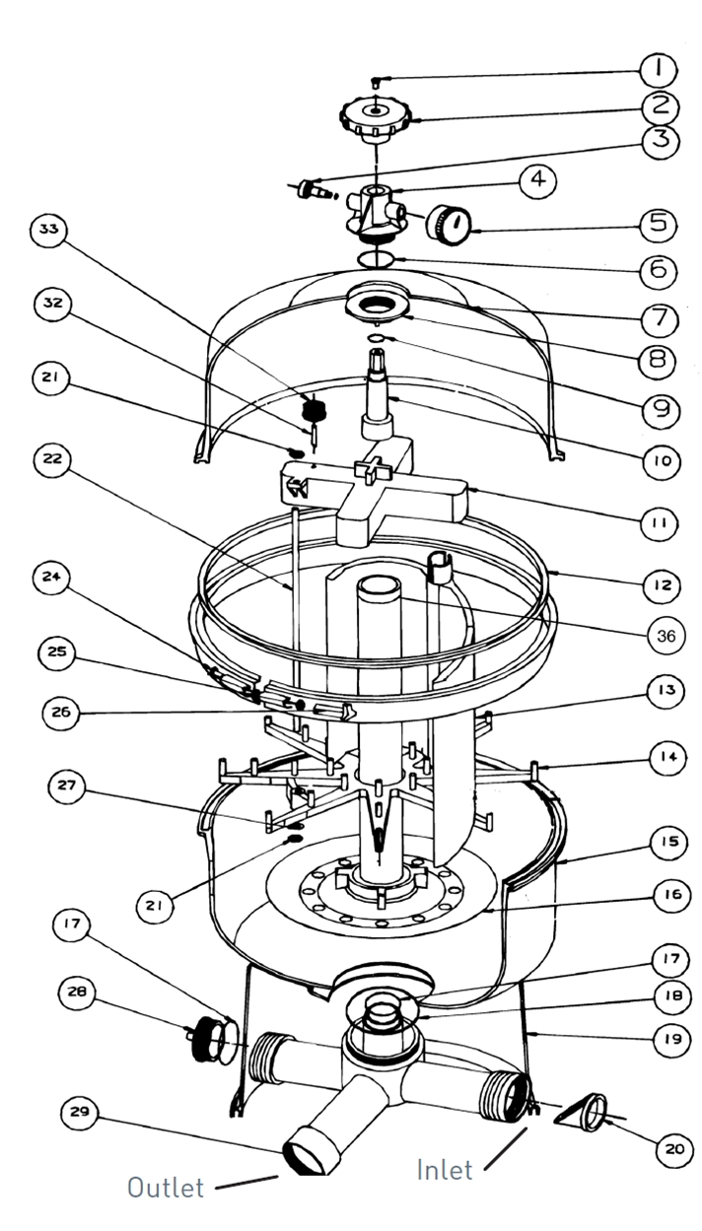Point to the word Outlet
click(x=166, y=1187)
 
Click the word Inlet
click(x=445, y=1170)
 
